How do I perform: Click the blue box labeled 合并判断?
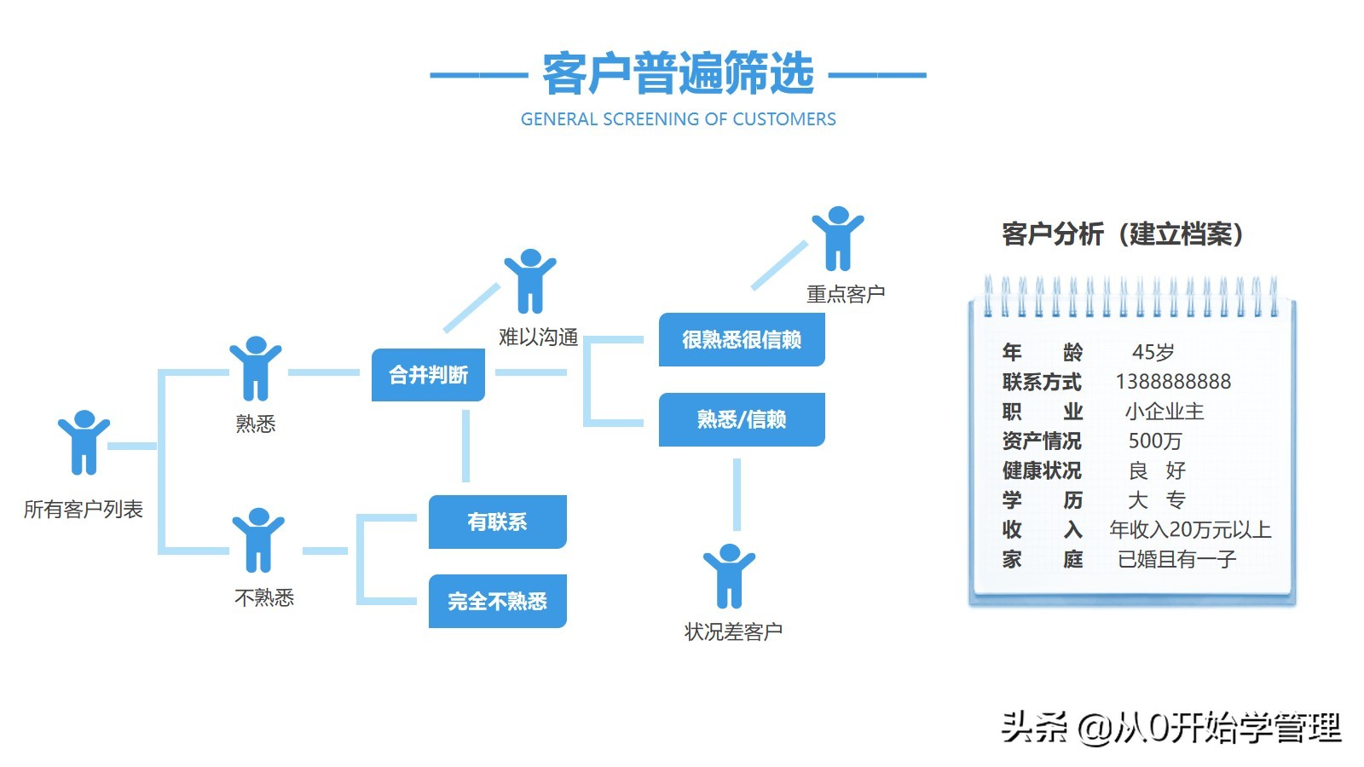428,375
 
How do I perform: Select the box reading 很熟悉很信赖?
742,340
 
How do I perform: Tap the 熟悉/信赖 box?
742,419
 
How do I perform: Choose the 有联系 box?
497,522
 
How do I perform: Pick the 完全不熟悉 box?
497,602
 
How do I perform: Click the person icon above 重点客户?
838,239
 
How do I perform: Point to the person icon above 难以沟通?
530,281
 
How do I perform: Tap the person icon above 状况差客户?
729,576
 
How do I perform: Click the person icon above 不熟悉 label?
258,540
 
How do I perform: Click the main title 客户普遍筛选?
678,74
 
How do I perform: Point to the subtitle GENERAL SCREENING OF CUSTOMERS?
678,119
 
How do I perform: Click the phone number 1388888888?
1173,382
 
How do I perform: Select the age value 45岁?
1153,352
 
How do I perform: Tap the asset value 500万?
1154,441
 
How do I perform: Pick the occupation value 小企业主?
1164,412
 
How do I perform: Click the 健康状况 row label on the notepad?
1041,470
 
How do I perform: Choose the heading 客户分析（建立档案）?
1123,234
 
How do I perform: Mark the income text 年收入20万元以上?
1189,530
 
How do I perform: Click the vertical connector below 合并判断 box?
465,446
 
